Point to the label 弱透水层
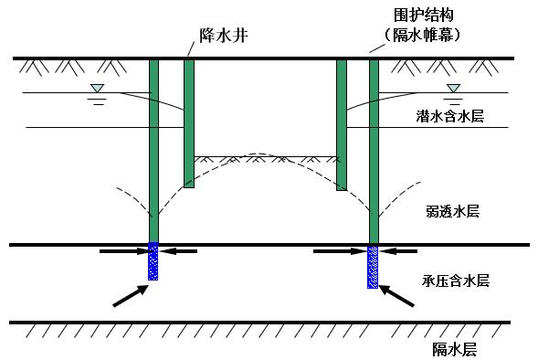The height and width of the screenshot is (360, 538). tap(452, 211)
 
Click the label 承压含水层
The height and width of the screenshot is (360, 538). tap(456, 281)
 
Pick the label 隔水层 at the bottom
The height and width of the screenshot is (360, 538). tap(454, 349)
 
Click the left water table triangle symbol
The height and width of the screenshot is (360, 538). tap(98, 88)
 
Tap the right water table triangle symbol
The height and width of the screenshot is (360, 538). tap(452, 88)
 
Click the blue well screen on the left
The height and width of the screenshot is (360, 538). tap(153, 261)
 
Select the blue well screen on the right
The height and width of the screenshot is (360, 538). tap(373, 267)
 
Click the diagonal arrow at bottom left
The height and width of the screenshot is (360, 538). tap(129, 294)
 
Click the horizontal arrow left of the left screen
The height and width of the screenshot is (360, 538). tap(121, 249)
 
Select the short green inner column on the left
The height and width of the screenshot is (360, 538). tap(189, 123)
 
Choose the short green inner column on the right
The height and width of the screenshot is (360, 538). tap(342, 125)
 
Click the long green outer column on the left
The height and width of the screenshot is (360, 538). tap(153, 151)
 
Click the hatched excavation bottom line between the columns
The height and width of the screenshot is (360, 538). tap(265, 158)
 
